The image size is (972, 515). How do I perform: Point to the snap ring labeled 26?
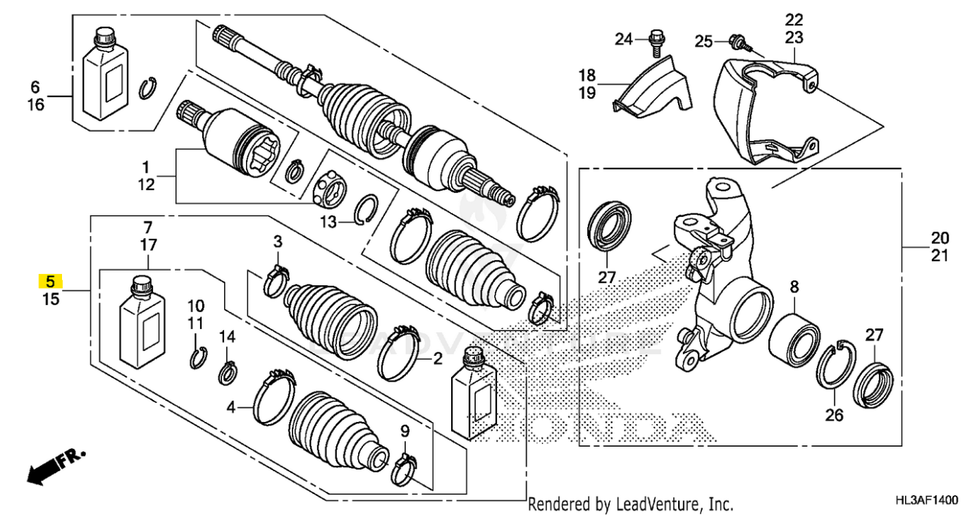[x=836, y=364]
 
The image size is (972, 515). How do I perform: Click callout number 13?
[x=328, y=223]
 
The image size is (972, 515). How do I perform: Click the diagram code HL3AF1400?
[x=926, y=500]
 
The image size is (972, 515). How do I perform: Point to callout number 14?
[x=226, y=336]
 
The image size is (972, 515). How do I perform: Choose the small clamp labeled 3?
[x=276, y=280]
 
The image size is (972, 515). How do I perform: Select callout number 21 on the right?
[x=940, y=256]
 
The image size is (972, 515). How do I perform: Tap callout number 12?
[x=145, y=185]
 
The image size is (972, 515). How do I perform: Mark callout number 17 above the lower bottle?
[x=147, y=246]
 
